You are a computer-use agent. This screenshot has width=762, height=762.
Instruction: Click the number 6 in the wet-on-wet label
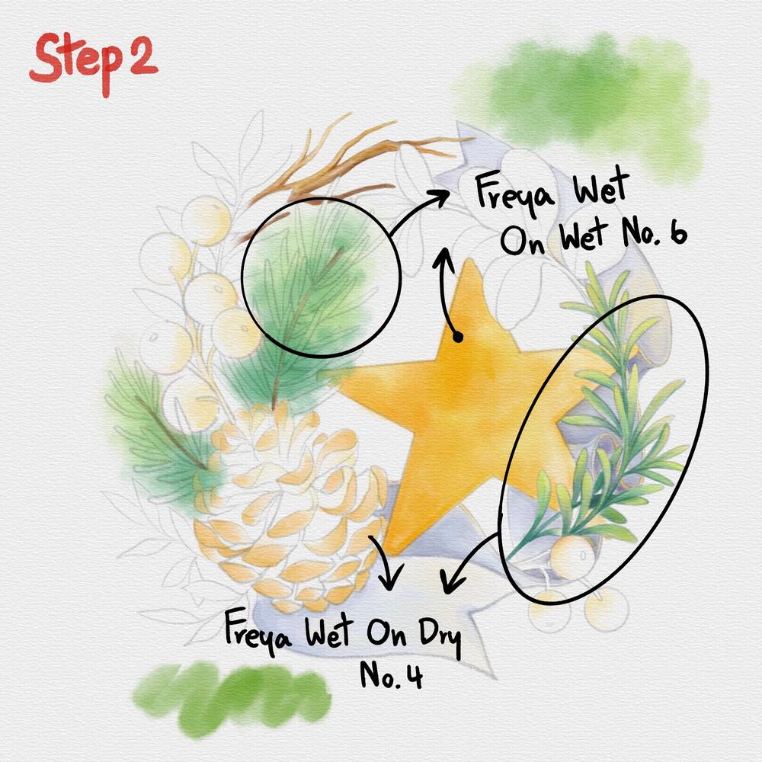coord(676,233)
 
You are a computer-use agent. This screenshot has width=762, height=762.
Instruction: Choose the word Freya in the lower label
coord(260,631)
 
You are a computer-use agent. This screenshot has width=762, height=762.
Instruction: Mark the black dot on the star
coord(457,336)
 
